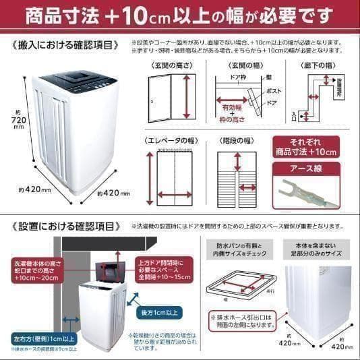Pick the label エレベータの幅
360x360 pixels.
click(x=173, y=141)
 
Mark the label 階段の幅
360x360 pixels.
click(x=238, y=141)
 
